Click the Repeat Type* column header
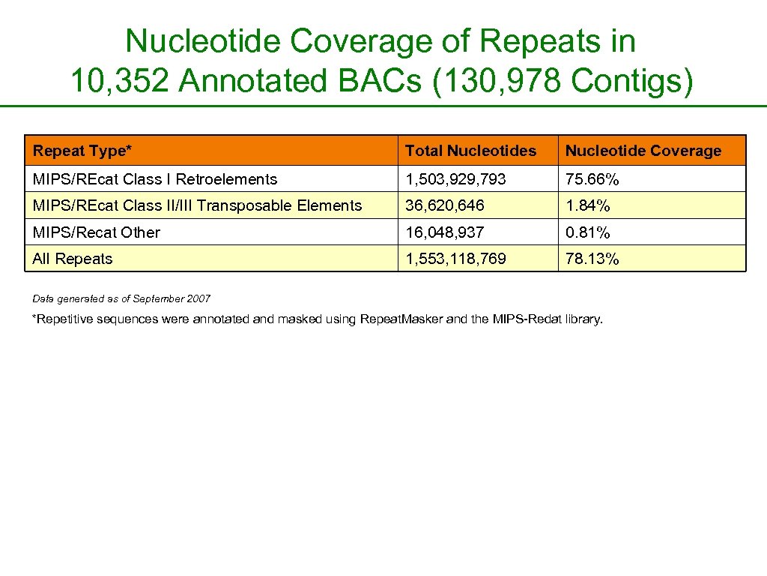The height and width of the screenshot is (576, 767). pos(82,151)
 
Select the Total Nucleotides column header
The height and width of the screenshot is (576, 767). pos(470,151)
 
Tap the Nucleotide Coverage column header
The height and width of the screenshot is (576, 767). pos(643,151)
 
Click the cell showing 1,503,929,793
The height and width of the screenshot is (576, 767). pos(455,179)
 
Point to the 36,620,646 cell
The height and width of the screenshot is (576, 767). pos(445,205)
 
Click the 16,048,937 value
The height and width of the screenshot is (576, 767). pos(445,232)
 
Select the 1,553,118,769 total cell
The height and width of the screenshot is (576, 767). pos(455,259)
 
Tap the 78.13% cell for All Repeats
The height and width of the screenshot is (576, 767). pos(592,259)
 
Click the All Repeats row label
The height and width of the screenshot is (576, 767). pos(73,259)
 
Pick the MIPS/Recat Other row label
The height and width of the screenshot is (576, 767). pos(96,232)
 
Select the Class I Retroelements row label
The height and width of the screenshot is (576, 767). pos(155,179)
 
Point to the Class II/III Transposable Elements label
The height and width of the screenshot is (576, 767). pos(197,205)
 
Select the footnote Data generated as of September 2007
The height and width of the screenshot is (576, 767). pos(122,298)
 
